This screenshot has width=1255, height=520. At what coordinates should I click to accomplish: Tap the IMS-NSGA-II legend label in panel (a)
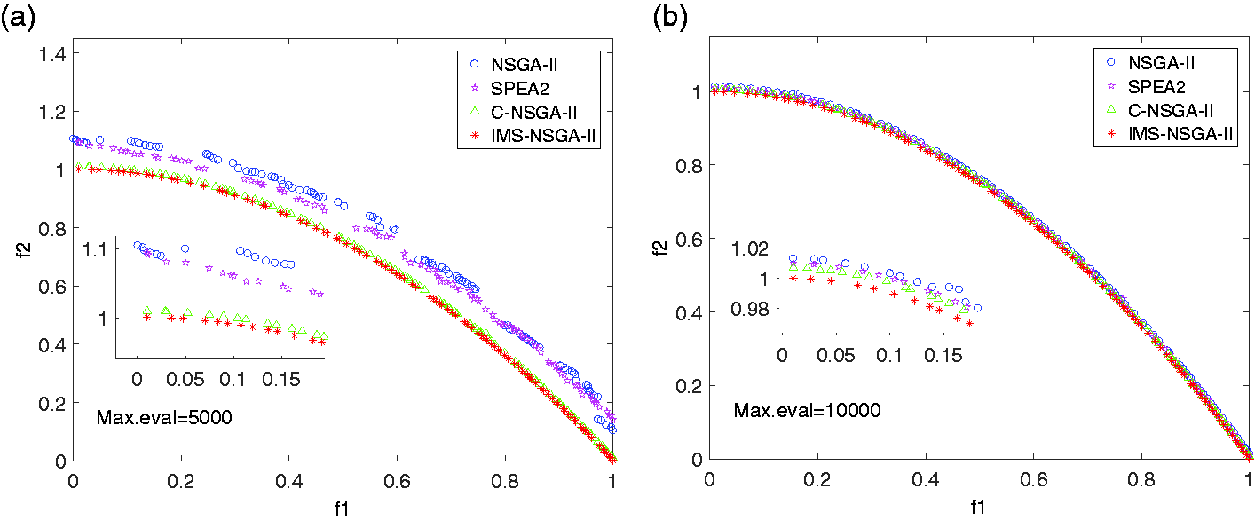click(x=542, y=136)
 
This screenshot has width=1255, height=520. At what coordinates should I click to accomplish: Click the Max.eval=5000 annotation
click(x=164, y=417)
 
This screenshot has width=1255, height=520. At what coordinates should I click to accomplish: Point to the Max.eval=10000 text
click(x=808, y=411)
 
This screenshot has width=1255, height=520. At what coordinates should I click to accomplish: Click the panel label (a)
click(x=18, y=18)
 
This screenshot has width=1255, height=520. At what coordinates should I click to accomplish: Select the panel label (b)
click(x=671, y=18)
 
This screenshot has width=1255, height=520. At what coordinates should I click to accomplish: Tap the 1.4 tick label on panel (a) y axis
click(x=52, y=54)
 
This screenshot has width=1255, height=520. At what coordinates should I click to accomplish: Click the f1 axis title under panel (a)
click(x=342, y=508)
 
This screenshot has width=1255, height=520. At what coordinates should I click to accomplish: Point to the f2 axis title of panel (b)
click(x=662, y=247)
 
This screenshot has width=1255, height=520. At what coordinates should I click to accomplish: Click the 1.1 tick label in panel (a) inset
click(x=94, y=250)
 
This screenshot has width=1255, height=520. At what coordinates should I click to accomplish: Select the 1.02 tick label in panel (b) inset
click(x=750, y=248)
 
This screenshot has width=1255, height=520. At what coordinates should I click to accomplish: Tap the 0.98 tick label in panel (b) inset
click(x=750, y=310)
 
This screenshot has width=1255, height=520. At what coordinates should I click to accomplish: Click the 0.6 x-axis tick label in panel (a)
click(x=397, y=481)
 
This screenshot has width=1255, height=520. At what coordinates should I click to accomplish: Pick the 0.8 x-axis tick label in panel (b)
click(x=1141, y=480)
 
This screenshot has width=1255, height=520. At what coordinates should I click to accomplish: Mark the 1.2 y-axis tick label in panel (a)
click(x=52, y=112)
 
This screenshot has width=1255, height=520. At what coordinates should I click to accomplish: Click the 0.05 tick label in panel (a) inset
click(x=185, y=380)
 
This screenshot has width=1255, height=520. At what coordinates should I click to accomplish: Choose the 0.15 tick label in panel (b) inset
click(x=943, y=356)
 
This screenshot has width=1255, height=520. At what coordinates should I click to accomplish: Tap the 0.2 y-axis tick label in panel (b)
click(x=689, y=386)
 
